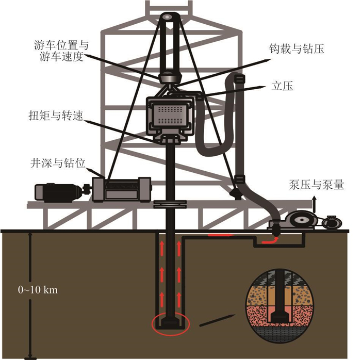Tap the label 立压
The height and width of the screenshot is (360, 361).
[282, 87]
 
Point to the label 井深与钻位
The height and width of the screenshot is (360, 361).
[58, 163]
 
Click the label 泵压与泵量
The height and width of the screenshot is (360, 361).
[316, 185]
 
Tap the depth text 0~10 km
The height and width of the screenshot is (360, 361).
[38, 290]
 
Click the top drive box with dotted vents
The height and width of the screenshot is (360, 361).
[170, 116]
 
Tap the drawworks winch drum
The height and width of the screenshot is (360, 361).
[122, 189]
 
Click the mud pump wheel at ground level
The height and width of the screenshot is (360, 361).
[300, 221]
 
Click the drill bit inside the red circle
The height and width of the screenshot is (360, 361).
[170, 323]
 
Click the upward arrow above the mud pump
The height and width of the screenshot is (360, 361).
[315, 205]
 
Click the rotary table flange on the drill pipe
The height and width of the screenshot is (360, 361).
[170, 204]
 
